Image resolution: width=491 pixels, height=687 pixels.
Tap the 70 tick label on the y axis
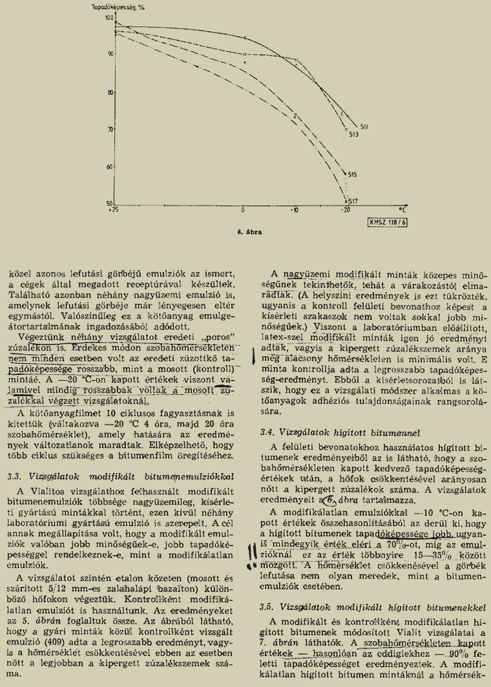108,129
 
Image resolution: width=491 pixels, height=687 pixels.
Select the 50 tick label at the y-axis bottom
108,204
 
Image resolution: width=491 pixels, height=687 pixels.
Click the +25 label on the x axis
114,211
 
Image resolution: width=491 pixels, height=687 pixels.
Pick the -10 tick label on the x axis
295,211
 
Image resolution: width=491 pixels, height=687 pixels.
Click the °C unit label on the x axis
402,209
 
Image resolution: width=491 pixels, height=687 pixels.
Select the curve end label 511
364,127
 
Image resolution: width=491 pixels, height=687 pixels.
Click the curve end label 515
352,174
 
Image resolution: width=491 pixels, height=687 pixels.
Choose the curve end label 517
353,200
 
